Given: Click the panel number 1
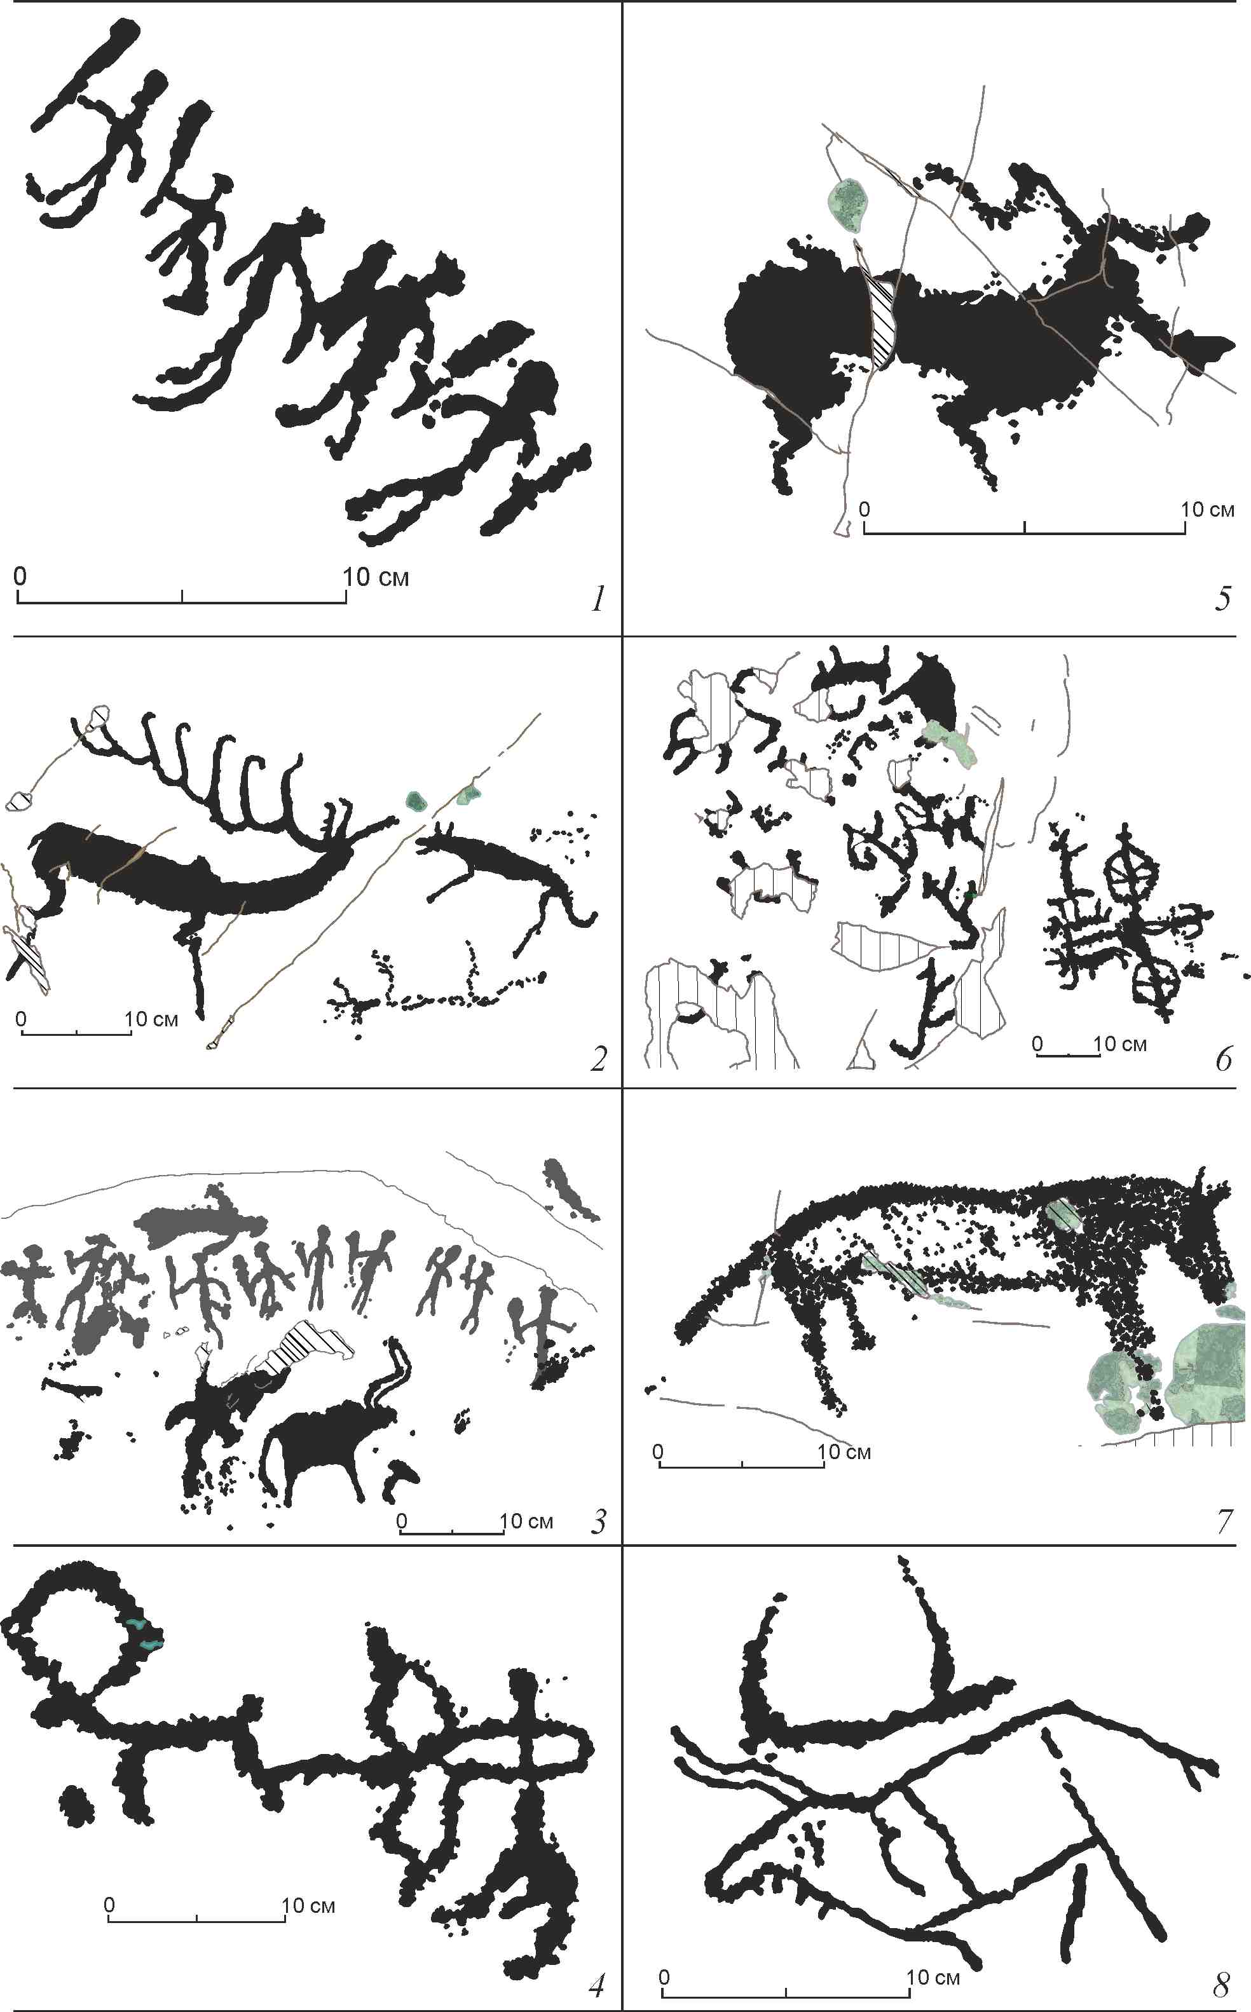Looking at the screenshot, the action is point(598,599).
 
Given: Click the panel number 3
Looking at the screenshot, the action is point(599,1521).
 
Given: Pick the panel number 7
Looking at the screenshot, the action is point(1224,1521).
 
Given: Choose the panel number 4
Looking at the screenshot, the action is point(596,1985).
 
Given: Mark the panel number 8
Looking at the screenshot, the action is point(1222,1985).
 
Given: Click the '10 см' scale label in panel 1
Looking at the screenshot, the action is point(376,577).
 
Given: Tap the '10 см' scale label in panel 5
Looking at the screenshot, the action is point(1208,510).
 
